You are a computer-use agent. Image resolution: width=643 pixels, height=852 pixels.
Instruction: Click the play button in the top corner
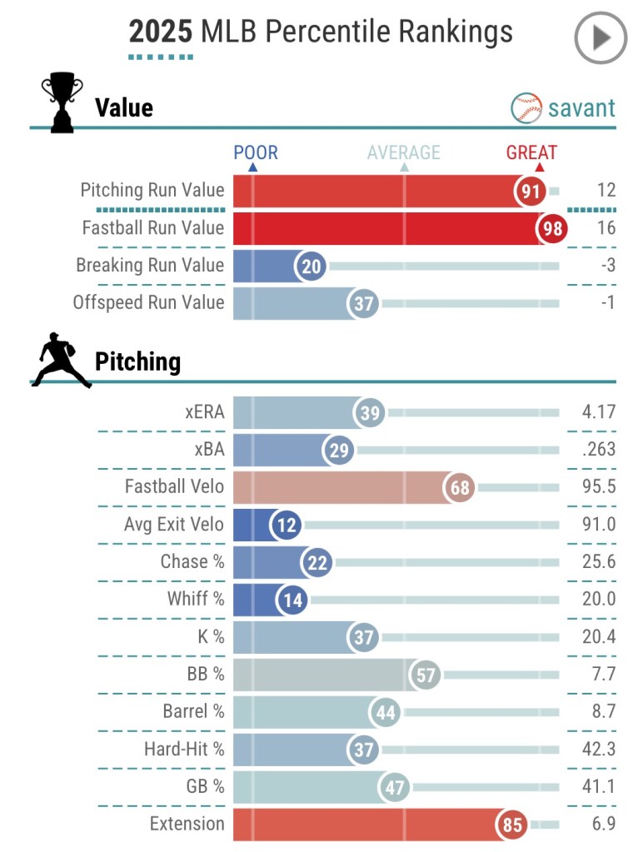pyautogui.click(x=601, y=38)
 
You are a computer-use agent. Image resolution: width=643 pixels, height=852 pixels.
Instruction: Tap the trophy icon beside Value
pyautogui.click(x=62, y=102)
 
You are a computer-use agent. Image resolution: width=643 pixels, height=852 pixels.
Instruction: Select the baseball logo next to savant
pyautogui.click(x=526, y=108)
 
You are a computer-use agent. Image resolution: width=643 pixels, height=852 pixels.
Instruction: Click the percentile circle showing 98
pyautogui.click(x=551, y=228)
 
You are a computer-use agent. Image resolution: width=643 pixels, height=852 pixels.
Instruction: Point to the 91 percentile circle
pyautogui.click(x=531, y=191)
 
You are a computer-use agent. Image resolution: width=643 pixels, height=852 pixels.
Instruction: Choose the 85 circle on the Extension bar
pyautogui.click(x=512, y=825)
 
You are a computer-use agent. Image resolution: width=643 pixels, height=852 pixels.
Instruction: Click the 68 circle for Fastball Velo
pyautogui.click(x=460, y=487)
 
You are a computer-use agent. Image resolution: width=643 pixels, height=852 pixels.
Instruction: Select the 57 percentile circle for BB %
pyautogui.click(x=426, y=675)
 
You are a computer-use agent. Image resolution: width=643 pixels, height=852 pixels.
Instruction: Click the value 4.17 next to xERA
pyautogui.click(x=599, y=412)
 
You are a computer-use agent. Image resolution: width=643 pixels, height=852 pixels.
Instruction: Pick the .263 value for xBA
pyautogui.click(x=599, y=450)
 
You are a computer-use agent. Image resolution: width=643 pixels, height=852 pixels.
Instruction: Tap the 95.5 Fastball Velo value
pyautogui.click(x=599, y=487)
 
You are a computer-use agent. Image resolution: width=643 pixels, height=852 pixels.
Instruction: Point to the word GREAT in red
pyautogui.click(x=531, y=152)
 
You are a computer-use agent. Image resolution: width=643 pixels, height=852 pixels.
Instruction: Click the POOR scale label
pyautogui.click(x=256, y=152)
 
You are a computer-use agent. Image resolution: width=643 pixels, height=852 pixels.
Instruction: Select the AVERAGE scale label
pyautogui.click(x=404, y=152)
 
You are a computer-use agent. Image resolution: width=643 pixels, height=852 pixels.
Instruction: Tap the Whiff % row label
pyautogui.click(x=196, y=600)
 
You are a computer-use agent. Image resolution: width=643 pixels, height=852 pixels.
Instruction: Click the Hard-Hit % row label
pyautogui.click(x=184, y=750)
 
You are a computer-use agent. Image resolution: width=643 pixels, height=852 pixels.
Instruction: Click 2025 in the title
pyautogui.click(x=160, y=32)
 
